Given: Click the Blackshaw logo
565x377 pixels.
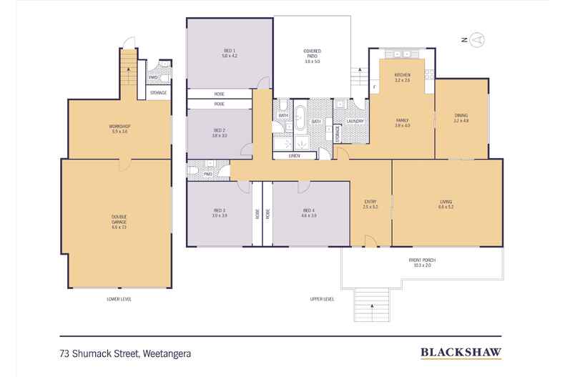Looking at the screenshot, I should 460,352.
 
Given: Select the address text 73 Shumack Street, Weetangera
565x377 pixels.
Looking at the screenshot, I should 126,352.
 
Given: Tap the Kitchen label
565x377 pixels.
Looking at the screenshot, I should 402,77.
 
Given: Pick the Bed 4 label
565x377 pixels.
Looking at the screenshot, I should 309,212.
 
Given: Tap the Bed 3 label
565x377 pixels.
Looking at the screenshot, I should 219,212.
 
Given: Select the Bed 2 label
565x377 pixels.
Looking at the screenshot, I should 220,132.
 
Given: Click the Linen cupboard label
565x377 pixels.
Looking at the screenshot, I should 294,155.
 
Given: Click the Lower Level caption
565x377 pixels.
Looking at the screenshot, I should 119,298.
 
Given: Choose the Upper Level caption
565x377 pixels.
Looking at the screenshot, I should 323,298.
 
